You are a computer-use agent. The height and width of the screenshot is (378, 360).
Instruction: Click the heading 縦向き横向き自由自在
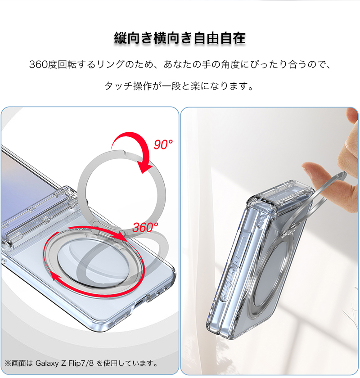(180, 38)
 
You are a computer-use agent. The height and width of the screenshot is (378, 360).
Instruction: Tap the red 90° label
(163, 144)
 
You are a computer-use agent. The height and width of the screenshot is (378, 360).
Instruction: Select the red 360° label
(145, 227)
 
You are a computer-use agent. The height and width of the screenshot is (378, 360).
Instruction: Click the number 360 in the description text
(38, 65)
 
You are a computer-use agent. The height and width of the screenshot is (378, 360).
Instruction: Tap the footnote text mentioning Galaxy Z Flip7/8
(81, 363)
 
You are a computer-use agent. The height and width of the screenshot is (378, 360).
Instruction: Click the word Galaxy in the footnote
(47, 363)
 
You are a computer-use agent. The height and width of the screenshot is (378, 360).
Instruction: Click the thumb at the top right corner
(352, 116)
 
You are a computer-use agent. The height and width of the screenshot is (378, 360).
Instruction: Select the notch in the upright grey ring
(124, 153)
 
